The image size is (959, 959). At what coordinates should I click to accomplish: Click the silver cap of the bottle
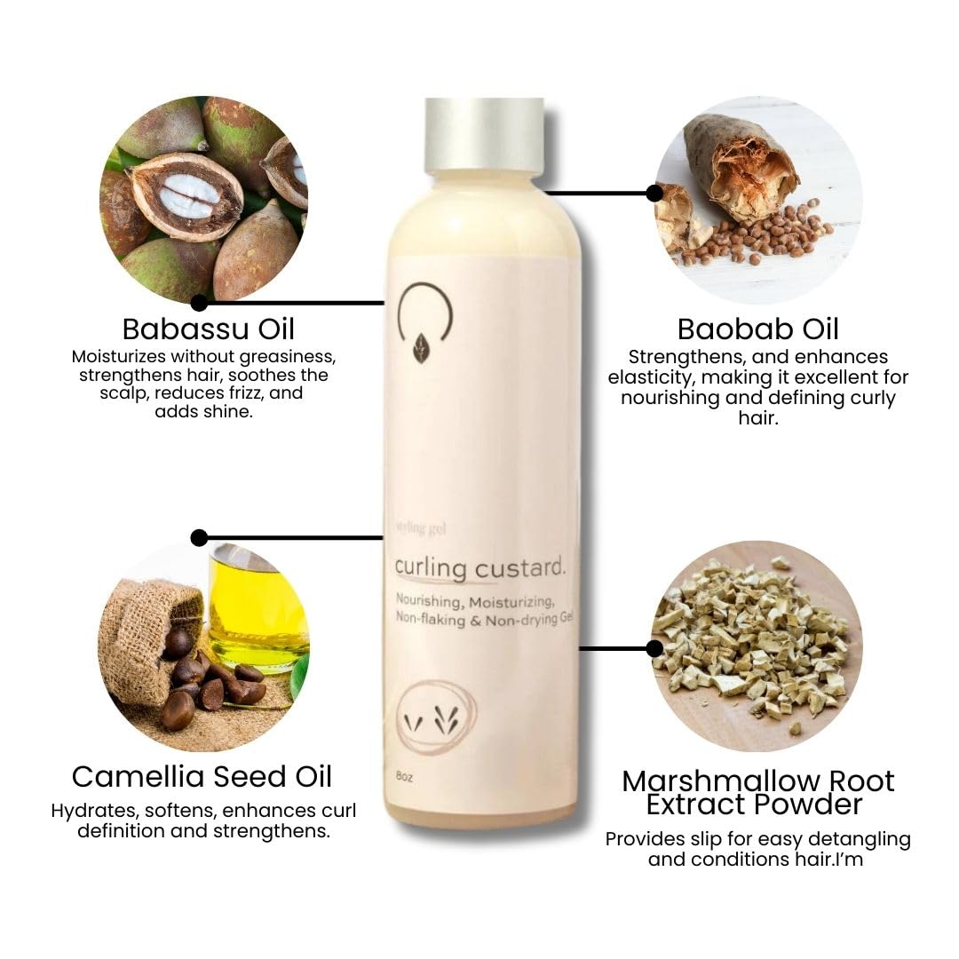pos(484,134)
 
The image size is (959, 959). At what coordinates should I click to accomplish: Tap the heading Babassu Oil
pos(209,329)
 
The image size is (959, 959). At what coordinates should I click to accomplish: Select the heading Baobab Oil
pos(757,329)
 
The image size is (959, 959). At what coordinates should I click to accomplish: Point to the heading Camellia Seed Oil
pos(202,776)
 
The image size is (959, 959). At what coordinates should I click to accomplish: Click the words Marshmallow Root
pos(758,781)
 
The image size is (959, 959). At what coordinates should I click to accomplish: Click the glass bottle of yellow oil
pos(258,613)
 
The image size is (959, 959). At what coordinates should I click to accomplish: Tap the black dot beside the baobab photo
pos(654,193)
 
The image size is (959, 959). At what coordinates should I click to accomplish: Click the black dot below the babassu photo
pos(199,303)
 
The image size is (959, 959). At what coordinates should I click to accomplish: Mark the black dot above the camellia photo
pos(199,537)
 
